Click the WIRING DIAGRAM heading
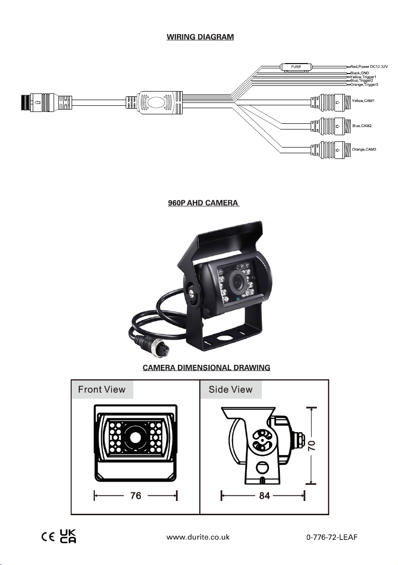tap(200, 37)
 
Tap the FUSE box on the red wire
tap(295, 67)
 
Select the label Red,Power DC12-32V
tap(372, 67)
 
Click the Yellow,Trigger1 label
tap(363, 77)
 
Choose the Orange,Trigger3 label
tap(364, 84)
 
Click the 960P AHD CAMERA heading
tap(203, 203)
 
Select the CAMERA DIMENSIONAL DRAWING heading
tap(200, 368)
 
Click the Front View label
tap(102, 390)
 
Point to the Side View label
tap(231, 390)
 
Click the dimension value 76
tap(136, 496)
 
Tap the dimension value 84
tap(264, 496)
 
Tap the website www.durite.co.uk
tap(198, 537)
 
